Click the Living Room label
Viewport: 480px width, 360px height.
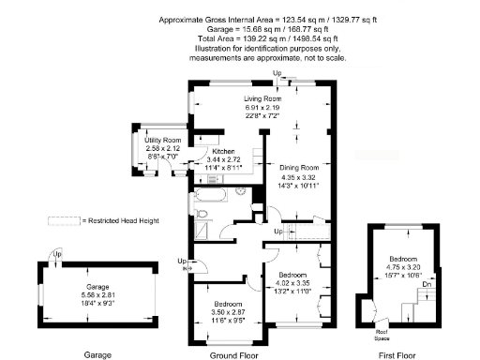click(x=263, y=98)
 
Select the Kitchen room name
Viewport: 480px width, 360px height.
click(x=223, y=152)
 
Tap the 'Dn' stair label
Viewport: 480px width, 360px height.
click(x=427, y=284)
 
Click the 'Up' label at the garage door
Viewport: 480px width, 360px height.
click(x=57, y=253)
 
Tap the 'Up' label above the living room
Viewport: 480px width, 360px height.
click(x=277, y=73)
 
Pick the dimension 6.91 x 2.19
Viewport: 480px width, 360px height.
click(x=263, y=107)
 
